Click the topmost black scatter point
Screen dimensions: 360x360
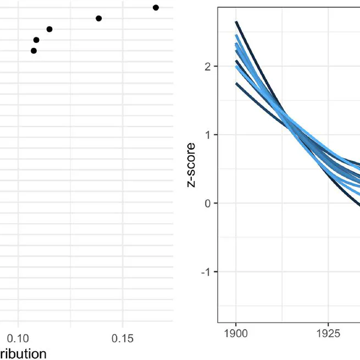click(x=156, y=8)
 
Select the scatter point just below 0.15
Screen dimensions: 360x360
click(x=99, y=19)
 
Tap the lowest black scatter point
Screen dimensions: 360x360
click(x=34, y=51)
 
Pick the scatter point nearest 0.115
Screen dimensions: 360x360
click(x=49, y=29)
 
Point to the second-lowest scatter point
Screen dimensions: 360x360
click(x=36, y=40)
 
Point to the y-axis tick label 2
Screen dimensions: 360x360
click(x=208, y=67)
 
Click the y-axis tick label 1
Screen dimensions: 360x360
click(x=208, y=135)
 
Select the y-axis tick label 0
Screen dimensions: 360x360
click(x=208, y=203)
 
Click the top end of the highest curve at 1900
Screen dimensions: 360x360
click(x=236, y=22)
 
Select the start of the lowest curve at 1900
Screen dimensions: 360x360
click(x=236, y=84)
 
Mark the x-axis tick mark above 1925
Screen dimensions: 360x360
click(x=328, y=324)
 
